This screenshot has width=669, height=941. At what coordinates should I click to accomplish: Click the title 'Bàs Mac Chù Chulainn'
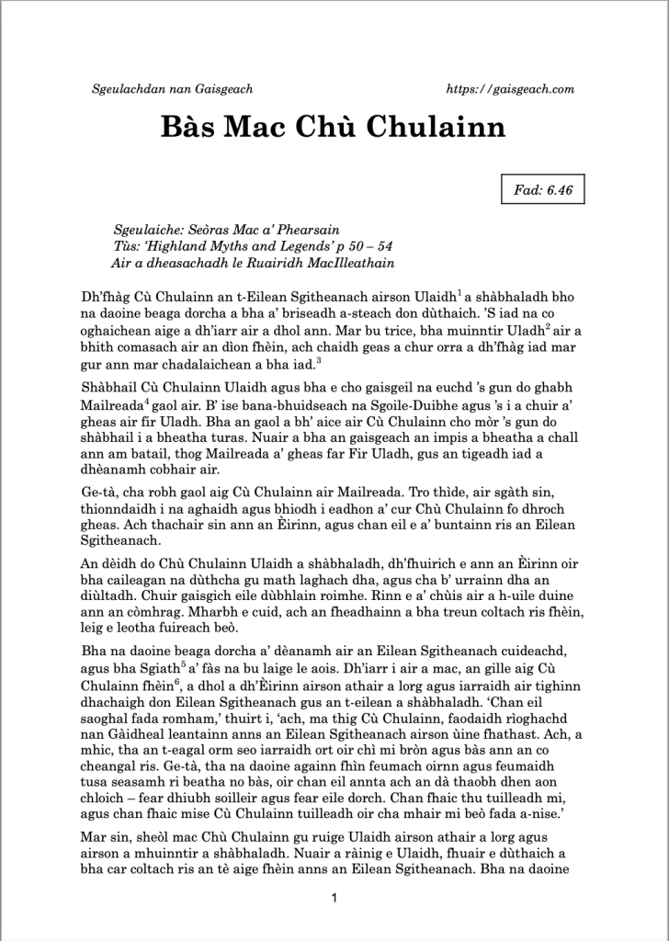coord(334,126)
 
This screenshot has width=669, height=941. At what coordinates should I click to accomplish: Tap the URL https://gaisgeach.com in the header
coord(509,89)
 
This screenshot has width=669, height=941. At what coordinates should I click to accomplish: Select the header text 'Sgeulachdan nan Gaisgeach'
coord(173,89)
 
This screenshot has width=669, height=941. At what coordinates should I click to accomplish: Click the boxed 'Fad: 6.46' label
coord(543,191)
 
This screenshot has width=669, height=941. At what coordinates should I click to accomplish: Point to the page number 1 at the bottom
coord(334,898)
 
